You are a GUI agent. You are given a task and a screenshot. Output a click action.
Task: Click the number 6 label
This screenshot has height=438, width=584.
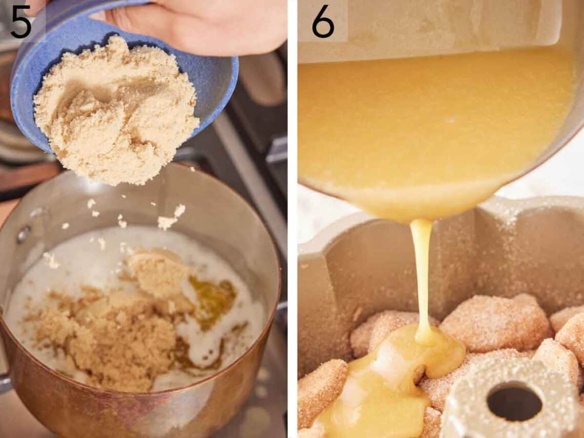(323, 22)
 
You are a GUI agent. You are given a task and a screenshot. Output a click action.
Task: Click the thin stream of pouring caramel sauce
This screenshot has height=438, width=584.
(421, 277)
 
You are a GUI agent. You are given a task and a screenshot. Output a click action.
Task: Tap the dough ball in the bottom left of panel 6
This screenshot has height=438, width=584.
(320, 389)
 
